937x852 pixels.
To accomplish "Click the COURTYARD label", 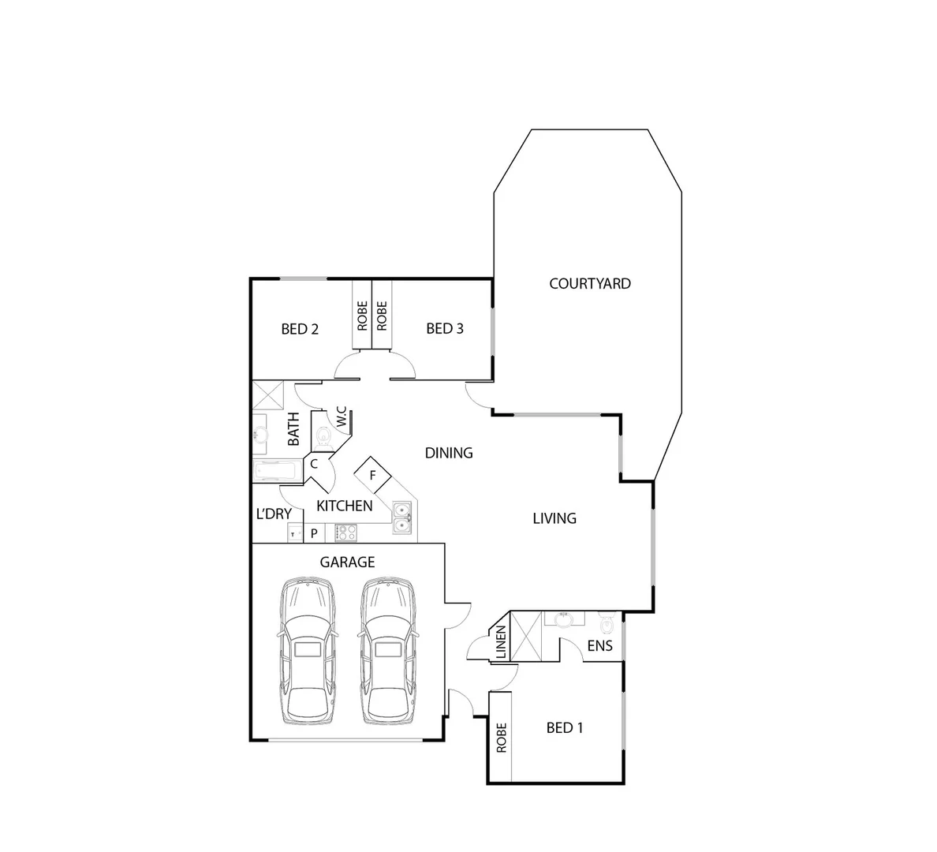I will pos(589,283).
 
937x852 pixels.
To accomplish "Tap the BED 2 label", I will pos(300,329).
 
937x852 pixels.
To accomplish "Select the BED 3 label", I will pos(445,328).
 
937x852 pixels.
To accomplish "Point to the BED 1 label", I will pos(565,727).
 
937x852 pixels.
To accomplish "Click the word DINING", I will pos(449,453).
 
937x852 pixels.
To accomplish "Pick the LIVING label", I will pos(554,518).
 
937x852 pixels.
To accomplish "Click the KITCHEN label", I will pos(345,506).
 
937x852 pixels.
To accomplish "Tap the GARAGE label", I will pos(347,562).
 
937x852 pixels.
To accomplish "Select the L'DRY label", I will pos(274,514).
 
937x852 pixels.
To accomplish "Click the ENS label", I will pos(599,646).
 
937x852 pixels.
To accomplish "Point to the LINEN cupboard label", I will pos(500,644).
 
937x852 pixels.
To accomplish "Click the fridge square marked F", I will pos(373,476).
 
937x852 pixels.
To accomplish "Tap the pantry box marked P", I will pos(314,534).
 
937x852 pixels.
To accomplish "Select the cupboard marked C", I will pos(314,464).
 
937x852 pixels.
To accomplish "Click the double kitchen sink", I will pos(402,516).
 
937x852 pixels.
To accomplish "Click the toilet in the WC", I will pos(323,436).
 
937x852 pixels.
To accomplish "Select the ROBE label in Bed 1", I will pos(500,738).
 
